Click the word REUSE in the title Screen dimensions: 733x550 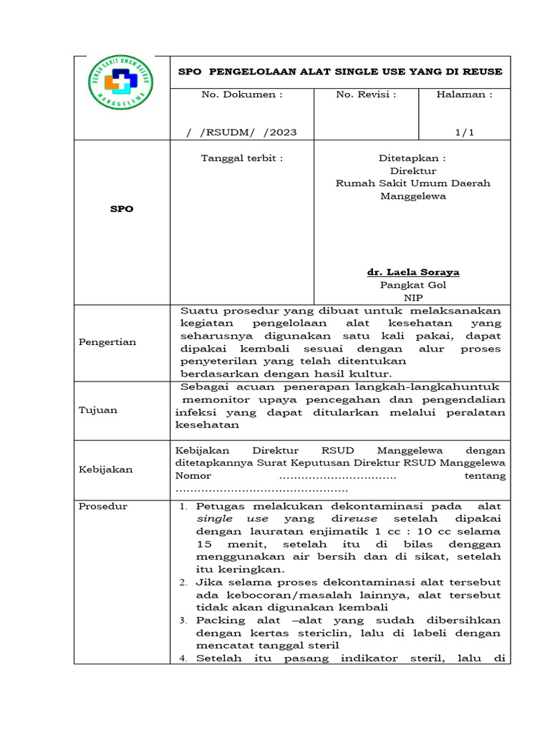(485, 72)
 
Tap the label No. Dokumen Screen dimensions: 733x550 (242, 94)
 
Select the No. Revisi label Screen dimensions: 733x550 (366, 94)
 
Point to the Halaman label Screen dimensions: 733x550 (464, 94)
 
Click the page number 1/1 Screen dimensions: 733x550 (465, 132)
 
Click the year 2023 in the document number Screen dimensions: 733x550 (282, 132)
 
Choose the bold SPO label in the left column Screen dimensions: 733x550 (121, 209)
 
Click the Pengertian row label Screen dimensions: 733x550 (107, 342)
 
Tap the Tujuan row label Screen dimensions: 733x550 (98, 410)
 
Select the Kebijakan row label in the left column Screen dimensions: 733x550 (105, 470)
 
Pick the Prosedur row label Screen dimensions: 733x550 (103, 506)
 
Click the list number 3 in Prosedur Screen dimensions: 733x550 (184, 621)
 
